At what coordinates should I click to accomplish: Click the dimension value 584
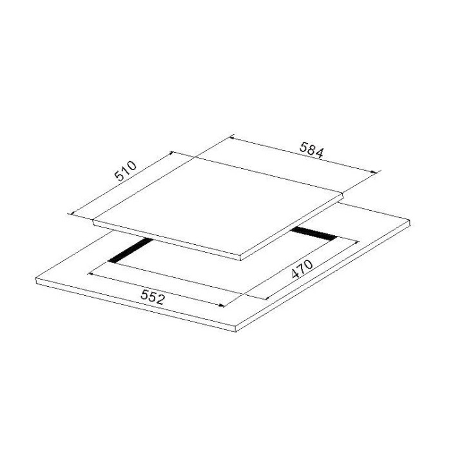(x=312, y=150)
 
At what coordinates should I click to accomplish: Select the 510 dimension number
(x=126, y=171)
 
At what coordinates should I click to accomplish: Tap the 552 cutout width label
(x=152, y=297)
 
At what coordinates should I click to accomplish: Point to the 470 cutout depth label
(x=302, y=269)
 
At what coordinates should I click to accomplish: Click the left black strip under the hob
(x=130, y=250)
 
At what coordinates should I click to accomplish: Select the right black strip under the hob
(x=314, y=233)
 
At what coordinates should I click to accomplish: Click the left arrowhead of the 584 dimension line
(x=232, y=138)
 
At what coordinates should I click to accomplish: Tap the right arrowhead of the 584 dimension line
(x=374, y=171)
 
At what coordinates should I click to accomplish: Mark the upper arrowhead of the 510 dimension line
(x=171, y=153)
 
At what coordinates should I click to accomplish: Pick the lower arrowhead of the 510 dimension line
(x=71, y=213)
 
